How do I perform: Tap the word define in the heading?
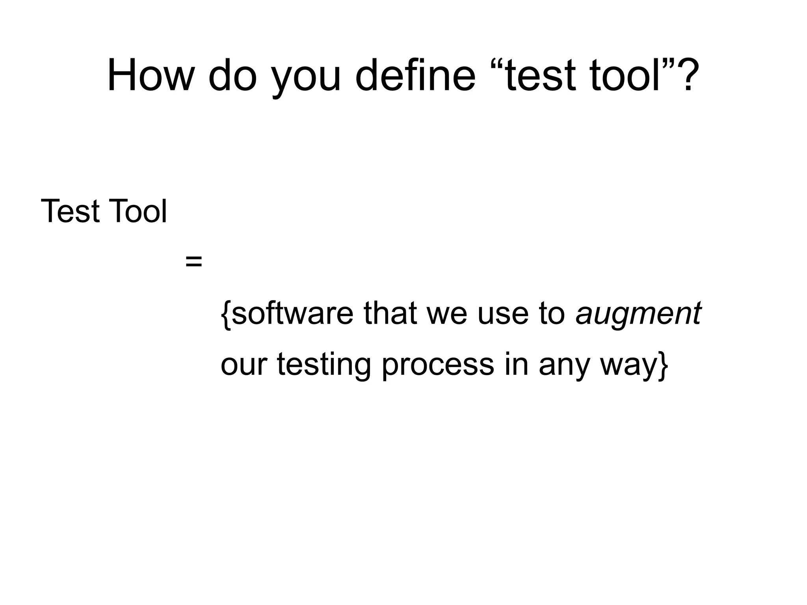coord(415,75)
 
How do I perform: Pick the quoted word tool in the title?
coord(624,75)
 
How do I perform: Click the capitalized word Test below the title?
coord(70,211)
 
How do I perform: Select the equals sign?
coord(193,261)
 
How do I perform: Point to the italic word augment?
coord(638,315)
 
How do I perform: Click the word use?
coord(502,315)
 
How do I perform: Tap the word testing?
coord(324,365)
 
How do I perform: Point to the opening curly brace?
coord(225,314)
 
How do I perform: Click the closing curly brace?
coord(663,365)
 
